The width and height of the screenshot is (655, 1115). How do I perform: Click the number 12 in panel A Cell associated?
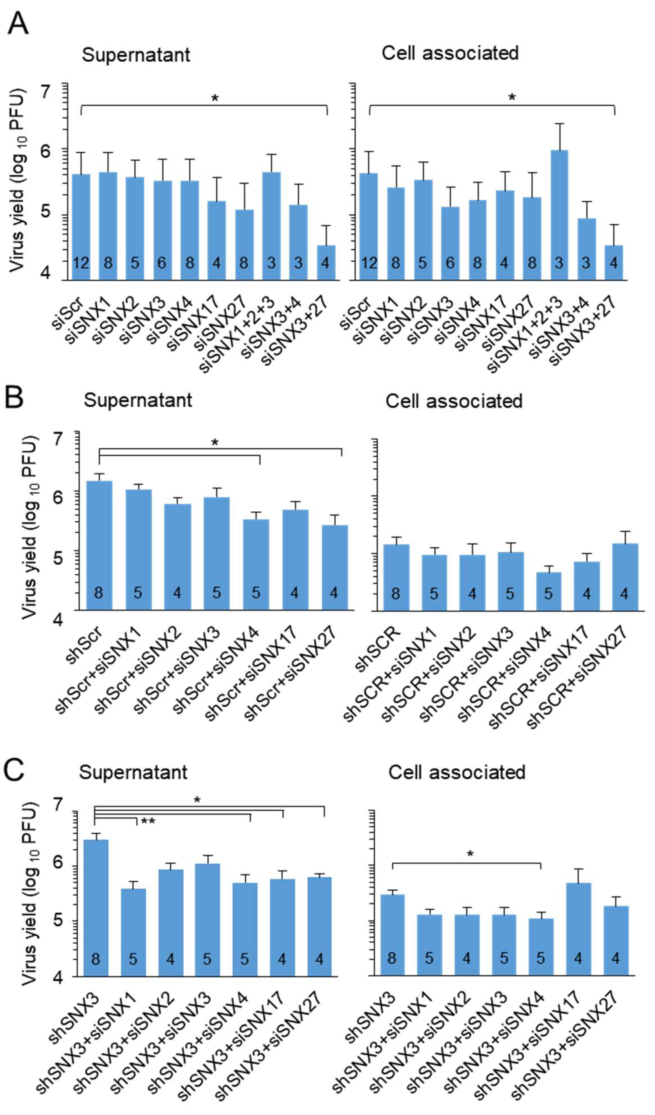coord(369,263)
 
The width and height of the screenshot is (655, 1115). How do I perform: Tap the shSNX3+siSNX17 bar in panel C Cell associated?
coord(578,929)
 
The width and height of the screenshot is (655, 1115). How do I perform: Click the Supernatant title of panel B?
coord(138,400)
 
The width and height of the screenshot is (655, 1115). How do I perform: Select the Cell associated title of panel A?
coord(450,53)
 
